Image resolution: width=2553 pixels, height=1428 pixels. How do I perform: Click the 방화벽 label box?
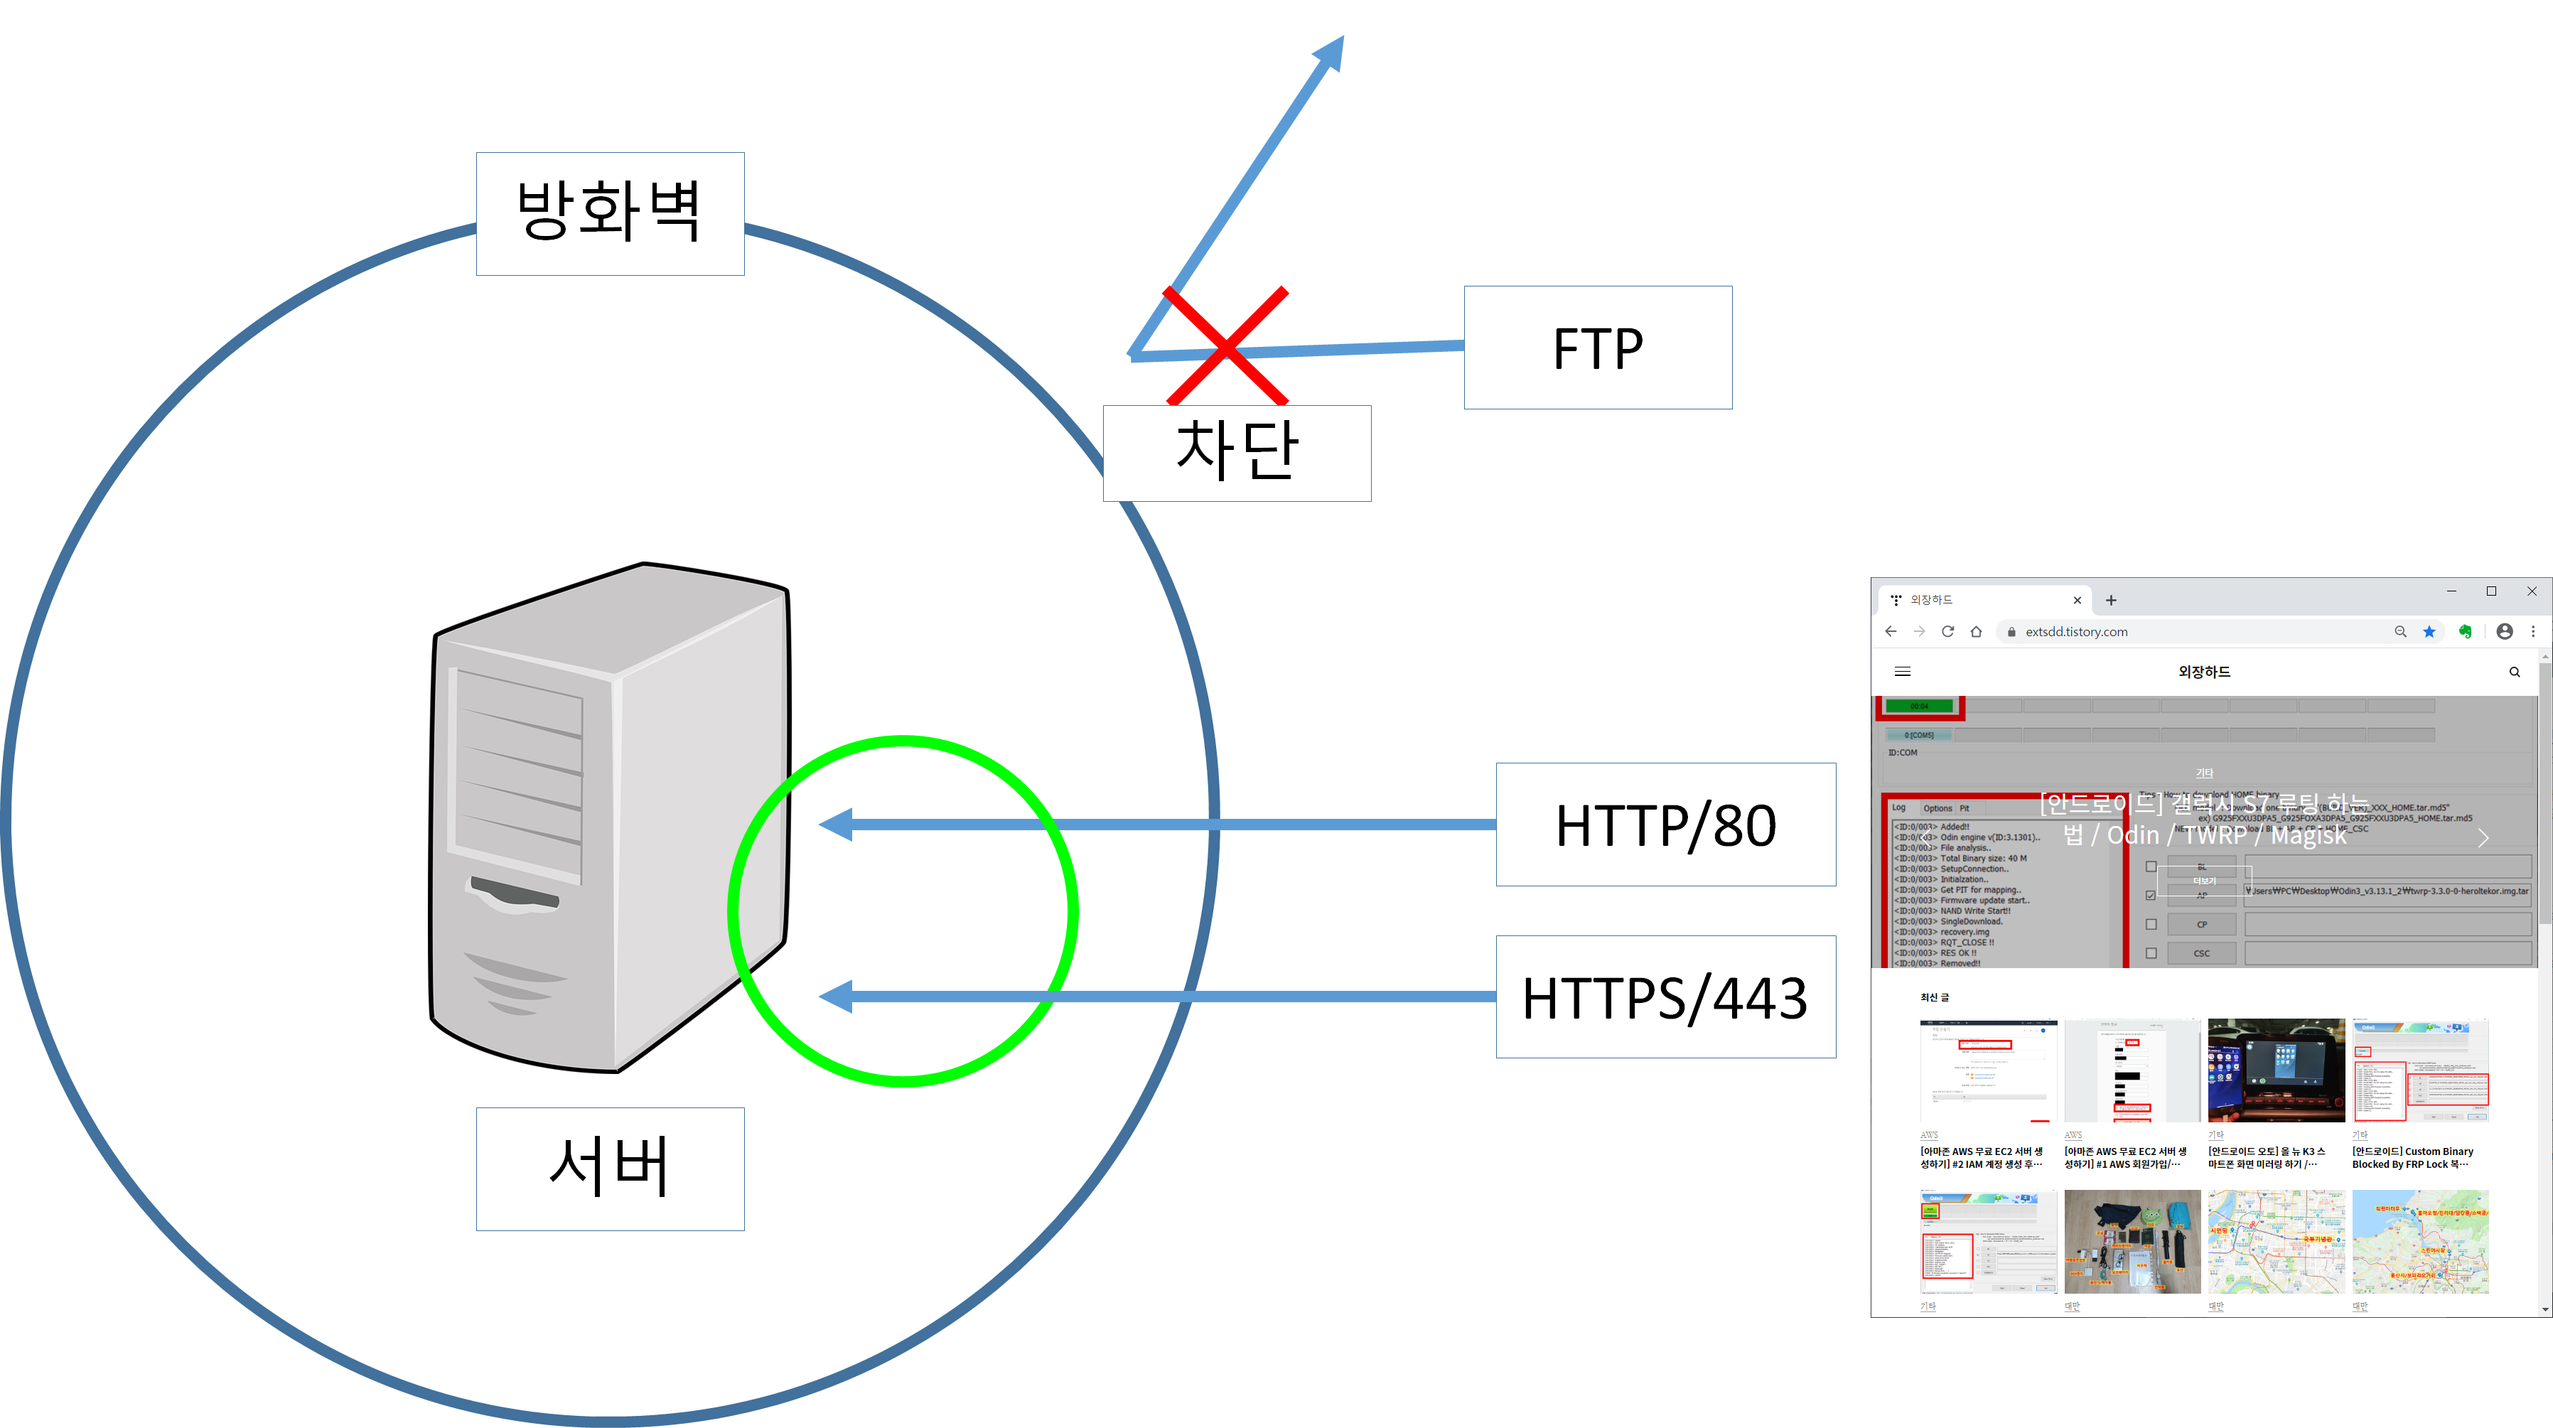coord(610,213)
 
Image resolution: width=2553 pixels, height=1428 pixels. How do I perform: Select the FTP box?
coord(1598,348)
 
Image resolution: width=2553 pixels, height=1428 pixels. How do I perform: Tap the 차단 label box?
coord(1236,453)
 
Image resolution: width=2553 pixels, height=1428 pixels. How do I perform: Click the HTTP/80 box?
coord(1665,825)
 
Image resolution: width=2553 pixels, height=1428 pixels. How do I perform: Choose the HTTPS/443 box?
coord(1665,997)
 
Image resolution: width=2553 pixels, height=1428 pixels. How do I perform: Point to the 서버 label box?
coord(610,1169)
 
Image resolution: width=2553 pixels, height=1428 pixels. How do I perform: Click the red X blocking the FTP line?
coord(1226,346)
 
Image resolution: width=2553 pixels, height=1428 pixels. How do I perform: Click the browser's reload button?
coord(1947,631)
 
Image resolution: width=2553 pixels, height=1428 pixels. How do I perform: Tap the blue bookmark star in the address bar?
coord(2429,631)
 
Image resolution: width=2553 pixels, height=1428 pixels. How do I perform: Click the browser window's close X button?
coord(2532,591)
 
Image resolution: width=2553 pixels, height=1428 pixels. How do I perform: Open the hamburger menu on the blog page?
coord(1903,672)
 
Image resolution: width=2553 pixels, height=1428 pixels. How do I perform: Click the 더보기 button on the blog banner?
coord(2203,881)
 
